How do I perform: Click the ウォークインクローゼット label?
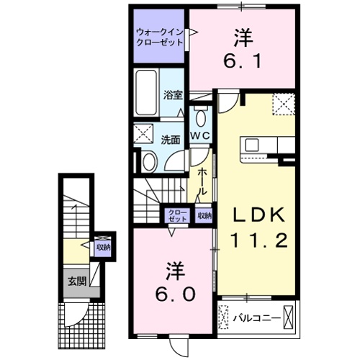[161, 37]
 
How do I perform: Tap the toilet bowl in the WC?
[199, 117]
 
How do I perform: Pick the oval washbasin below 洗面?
[148, 162]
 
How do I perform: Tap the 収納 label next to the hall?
[204, 215]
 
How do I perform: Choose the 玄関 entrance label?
[77, 281]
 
